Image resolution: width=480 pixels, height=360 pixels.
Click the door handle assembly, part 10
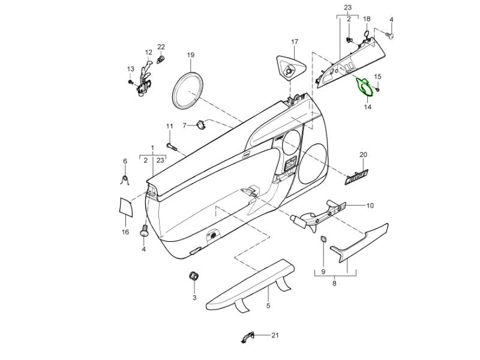(319, 213)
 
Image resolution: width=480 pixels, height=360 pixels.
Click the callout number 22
(161, 47)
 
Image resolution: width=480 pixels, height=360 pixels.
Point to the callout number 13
(130, 69)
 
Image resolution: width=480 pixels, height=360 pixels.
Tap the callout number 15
(377, 77)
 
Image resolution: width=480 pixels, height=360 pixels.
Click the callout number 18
(367, 19)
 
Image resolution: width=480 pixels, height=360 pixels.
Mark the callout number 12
(148, 52)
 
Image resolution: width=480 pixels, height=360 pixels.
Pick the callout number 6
(125, 161)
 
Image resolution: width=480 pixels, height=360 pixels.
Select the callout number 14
(367, 107)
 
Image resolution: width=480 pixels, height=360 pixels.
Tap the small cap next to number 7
(200, 125)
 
